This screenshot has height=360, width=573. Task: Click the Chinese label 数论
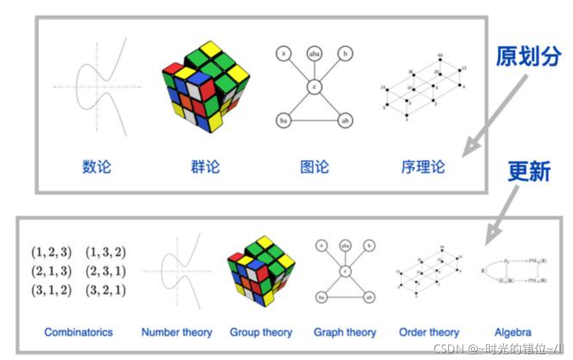[97, 166]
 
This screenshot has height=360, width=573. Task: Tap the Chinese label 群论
[205, 166]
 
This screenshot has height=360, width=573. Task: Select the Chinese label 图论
[314, 166]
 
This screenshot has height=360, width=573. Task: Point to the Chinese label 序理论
[423, 166]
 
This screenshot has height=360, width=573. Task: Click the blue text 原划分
[529, 57]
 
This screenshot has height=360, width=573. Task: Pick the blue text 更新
[529, 171]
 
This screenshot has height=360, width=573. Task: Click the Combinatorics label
[78, 332]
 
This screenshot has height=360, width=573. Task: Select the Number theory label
[177, 332]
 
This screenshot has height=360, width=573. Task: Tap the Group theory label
[261, 332]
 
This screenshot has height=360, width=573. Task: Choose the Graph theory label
[345, 332]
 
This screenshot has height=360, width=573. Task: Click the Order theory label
[429, 332]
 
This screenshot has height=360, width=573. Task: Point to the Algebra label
[513, 332]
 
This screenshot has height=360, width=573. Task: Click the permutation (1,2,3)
[51, 252]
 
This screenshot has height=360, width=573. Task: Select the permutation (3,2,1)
[105, 290]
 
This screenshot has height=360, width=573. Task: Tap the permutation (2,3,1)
[105, 271]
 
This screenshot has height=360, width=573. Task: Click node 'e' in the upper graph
[314, 87]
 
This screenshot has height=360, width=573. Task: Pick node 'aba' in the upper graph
[314, 54]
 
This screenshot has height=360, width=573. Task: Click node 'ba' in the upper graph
[283, 121]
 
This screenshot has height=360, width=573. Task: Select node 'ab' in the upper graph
[346, 121]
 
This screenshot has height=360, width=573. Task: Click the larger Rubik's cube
[205, 86]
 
